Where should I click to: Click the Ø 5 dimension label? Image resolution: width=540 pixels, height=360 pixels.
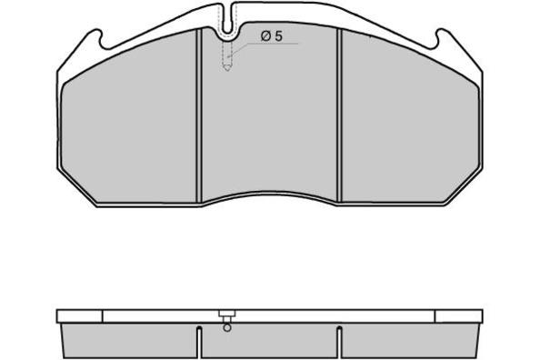click(272, 35)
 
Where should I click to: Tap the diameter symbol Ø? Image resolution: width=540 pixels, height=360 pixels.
click(265, 35)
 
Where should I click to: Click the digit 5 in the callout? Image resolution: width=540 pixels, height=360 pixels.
click(278, 35)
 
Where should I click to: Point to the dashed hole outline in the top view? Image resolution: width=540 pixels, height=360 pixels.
click(227, 55)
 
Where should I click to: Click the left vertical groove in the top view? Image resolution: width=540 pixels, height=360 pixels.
click(199, 116)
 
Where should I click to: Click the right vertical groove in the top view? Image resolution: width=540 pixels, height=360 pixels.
click(339, 115)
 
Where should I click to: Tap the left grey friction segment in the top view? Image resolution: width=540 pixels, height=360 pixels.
click(129, 124)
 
